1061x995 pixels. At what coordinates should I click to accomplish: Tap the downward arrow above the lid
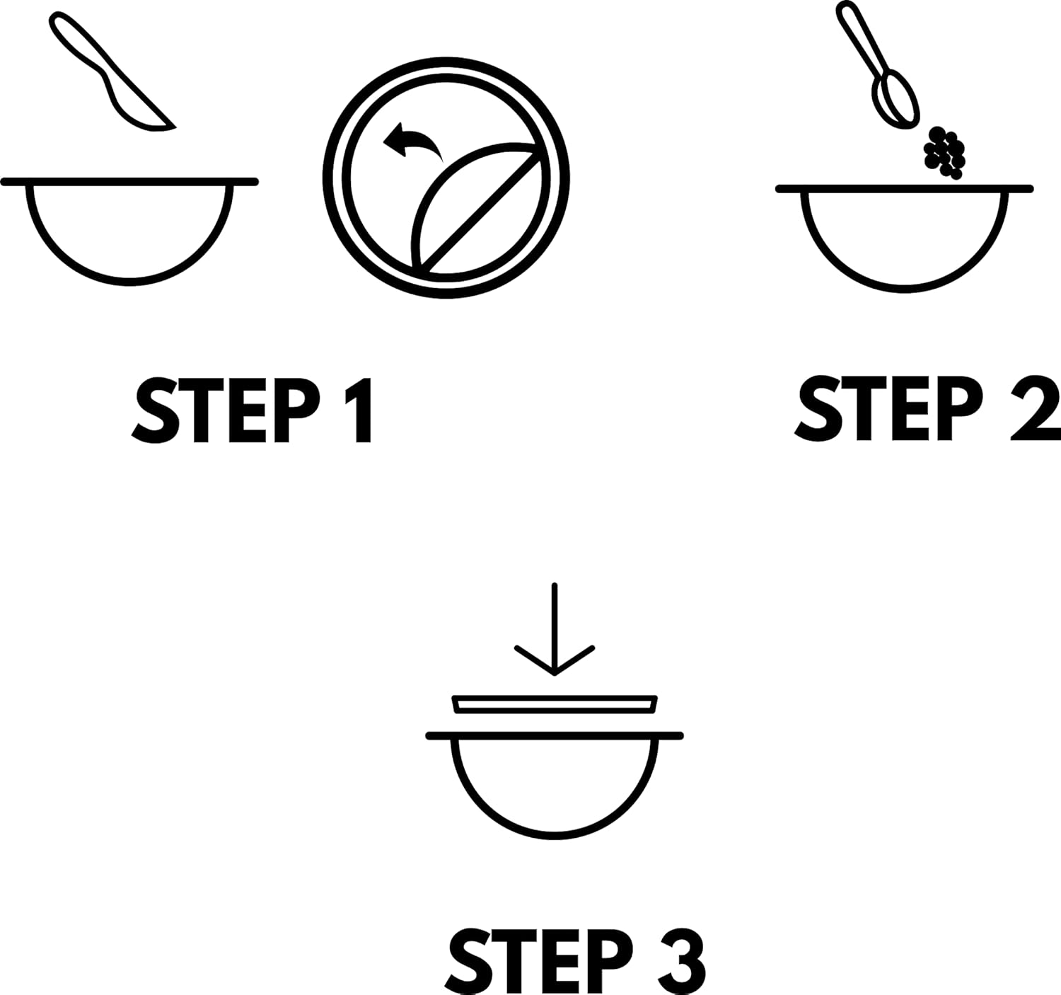point(555,628)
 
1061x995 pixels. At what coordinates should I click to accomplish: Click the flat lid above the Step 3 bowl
point(555,705)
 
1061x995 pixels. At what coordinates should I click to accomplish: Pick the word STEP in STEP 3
point(540,961)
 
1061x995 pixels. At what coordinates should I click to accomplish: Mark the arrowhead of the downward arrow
point(555,661)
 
